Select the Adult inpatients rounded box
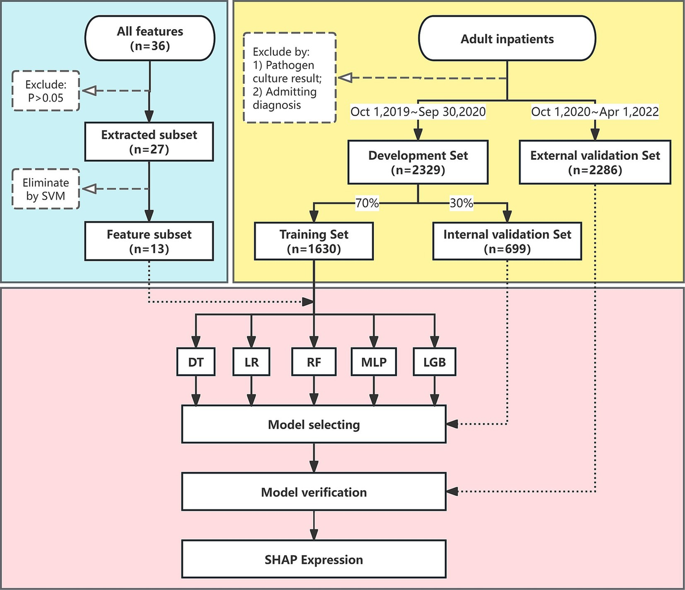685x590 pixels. [x=507, y=40]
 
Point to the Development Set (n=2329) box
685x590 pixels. [x=418, y=163]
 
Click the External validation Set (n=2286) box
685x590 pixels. [x=595, y=163]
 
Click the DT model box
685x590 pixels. [x=196, y=361]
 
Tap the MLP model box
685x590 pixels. [x=374, y=361]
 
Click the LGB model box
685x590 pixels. [x=435, y=361]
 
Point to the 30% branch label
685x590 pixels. [x=461, y=203]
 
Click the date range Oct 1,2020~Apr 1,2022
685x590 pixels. [x=595, y=112]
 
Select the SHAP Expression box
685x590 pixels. [x=313, y=559]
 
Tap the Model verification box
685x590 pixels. [x=313, y=492]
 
